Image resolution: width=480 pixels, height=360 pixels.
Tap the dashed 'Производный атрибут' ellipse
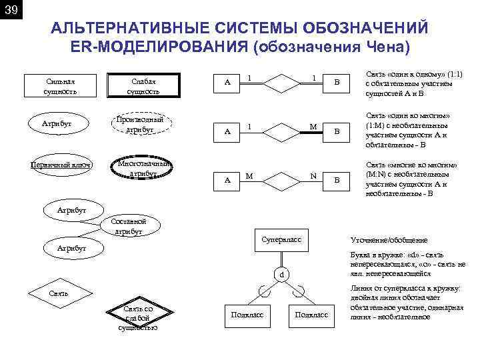tap(139, 124)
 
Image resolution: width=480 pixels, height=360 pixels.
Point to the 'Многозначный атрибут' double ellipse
tap(143, 169)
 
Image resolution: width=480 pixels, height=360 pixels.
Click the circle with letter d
tap(281, 274)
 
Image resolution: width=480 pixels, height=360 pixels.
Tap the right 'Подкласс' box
tap(311, 315)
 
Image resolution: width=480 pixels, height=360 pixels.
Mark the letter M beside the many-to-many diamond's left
tap(249, 176)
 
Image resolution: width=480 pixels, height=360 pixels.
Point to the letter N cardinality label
tap(313, 176)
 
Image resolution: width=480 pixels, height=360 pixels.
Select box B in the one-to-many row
tap(337, 132)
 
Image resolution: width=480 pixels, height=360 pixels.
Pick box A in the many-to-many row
tap(228, 180)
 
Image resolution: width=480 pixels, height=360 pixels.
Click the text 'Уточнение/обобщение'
tap(389, 240)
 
